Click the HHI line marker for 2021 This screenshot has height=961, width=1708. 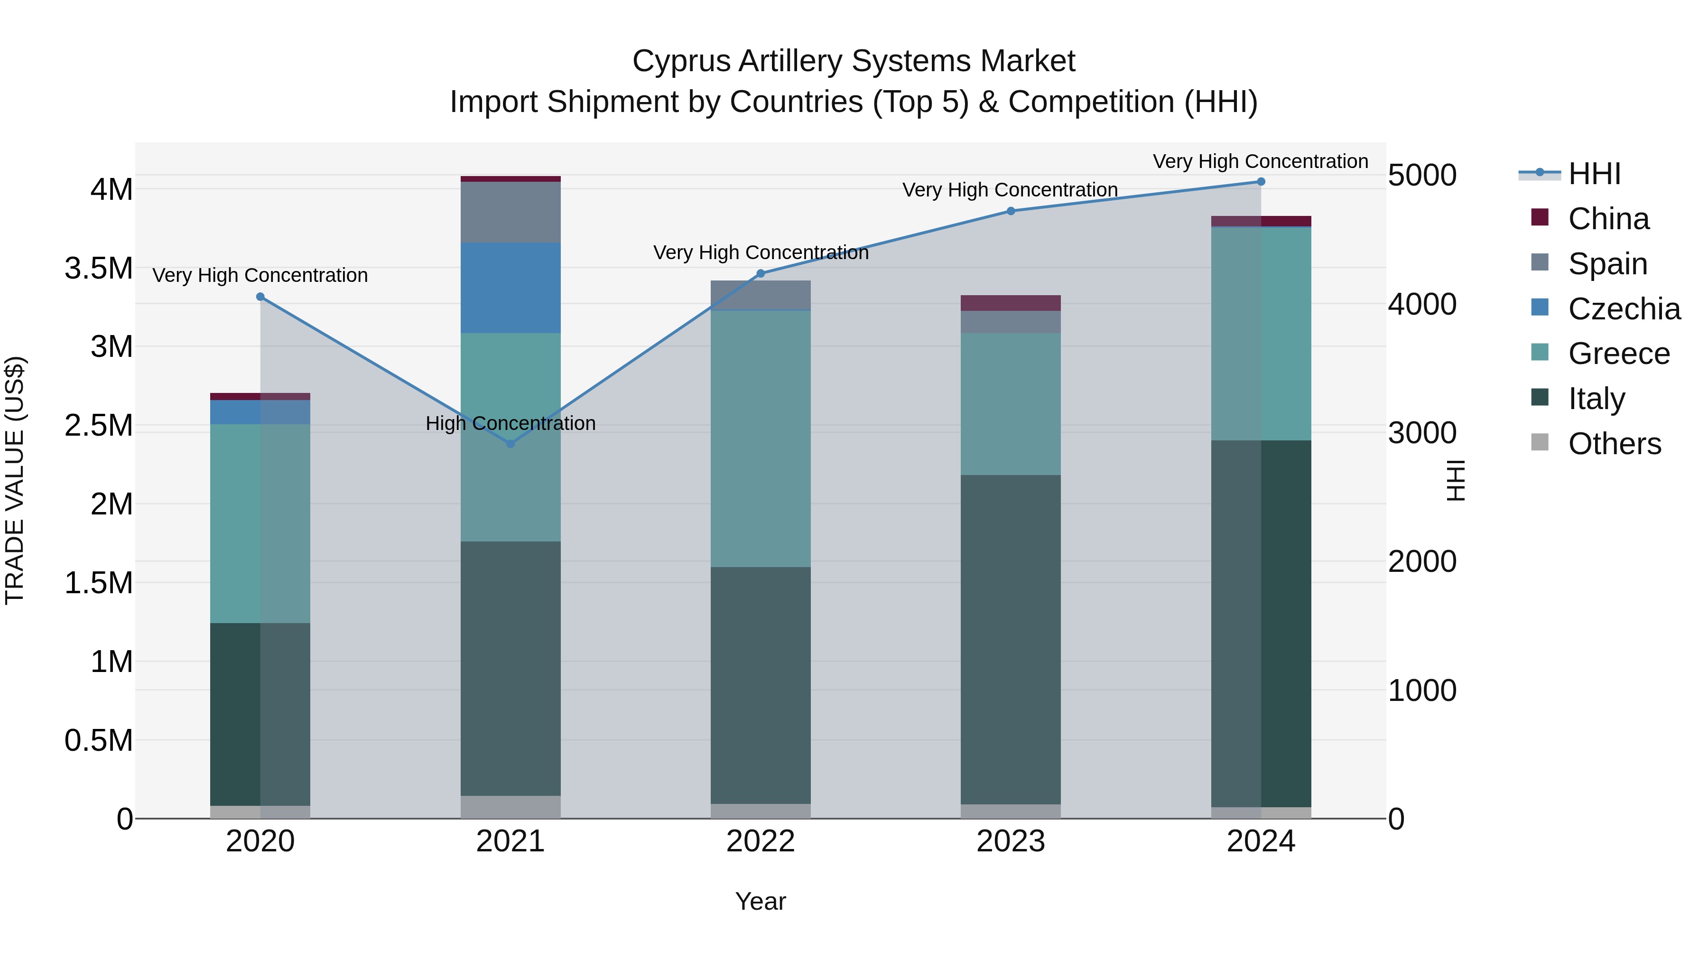tap(511, 444)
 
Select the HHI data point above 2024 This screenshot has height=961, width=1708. tap(1261, 182)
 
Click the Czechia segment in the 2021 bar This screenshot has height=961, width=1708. tap(511, 288)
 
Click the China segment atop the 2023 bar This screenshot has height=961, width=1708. tap(1011, 303)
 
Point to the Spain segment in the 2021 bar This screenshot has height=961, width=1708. tap(511, 212)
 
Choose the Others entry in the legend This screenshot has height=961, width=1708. tap(1614, 444)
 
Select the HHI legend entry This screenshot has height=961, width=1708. tap(1594, 174)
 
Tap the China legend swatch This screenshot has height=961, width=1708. tap(1540, 217)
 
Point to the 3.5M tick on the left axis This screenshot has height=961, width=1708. tap(99, 269)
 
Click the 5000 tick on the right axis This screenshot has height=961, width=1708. tap(1422, 176)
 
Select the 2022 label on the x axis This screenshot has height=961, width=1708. tap(761, 841)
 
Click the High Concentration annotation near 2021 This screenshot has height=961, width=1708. tap(511, 423)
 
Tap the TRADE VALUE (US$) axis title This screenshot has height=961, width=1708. tap(15, 480)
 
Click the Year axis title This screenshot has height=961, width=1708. tap(761, 901)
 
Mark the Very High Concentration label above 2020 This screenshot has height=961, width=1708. tap(260, 275)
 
